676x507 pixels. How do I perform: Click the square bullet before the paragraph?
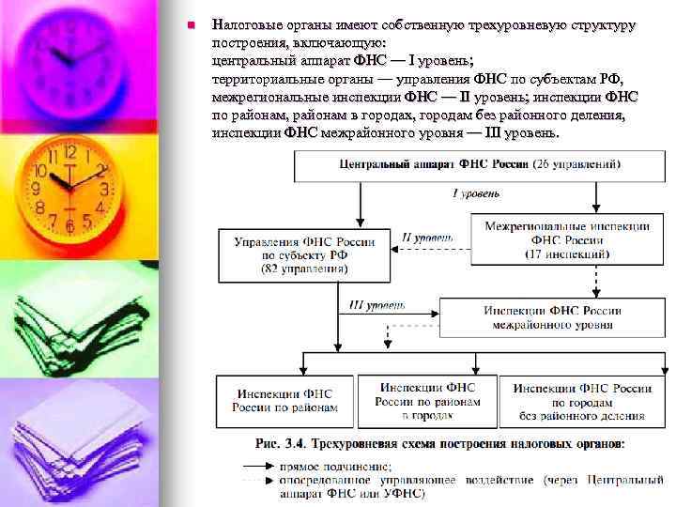pos(190,23)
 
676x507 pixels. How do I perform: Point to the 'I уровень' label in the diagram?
pos(476,194)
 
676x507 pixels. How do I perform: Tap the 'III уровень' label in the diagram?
pos(376,305)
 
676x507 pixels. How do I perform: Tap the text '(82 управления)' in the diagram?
pos(304,269)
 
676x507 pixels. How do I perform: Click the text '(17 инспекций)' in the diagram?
pos(566,254)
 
